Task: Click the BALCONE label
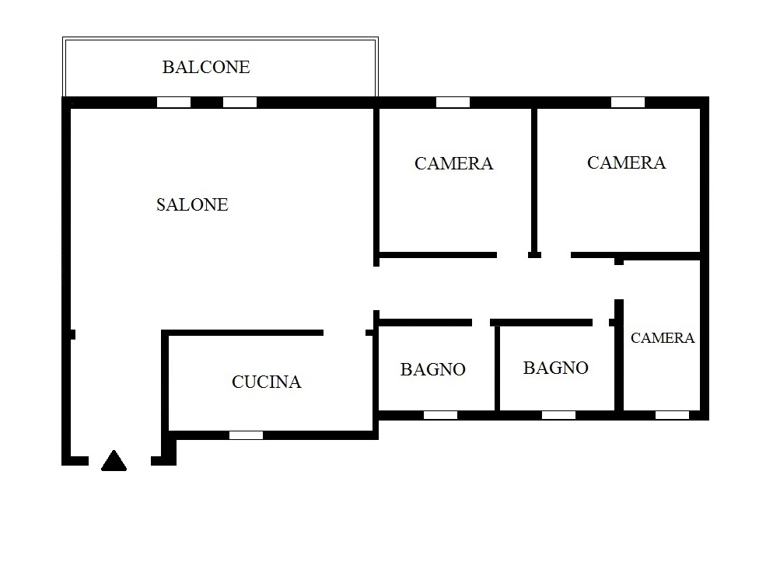coord(206,67)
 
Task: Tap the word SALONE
coord(192,204)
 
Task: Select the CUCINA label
coord(266,382)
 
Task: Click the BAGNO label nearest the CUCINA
coord(433,369)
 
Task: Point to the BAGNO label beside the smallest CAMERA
coord(556,368)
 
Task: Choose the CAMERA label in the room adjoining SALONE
coord(453,164)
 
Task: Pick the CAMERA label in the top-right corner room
coord(626,162)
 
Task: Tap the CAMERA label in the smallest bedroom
coord(662,338)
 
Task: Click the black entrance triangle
coord(114,461)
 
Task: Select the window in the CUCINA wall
coord(247,435)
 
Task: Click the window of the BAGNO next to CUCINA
coord(440,415)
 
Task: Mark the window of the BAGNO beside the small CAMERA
coord(558,415)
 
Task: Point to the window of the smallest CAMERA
coord(672,415)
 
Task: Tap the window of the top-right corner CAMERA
coord(628,103)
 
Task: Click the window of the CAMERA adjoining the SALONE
coord(453,103)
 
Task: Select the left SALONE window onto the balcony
coord(173,103)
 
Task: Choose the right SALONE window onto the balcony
coord(240,103)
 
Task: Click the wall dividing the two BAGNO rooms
coord(497,368)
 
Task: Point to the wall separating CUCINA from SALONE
coord(243,333)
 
